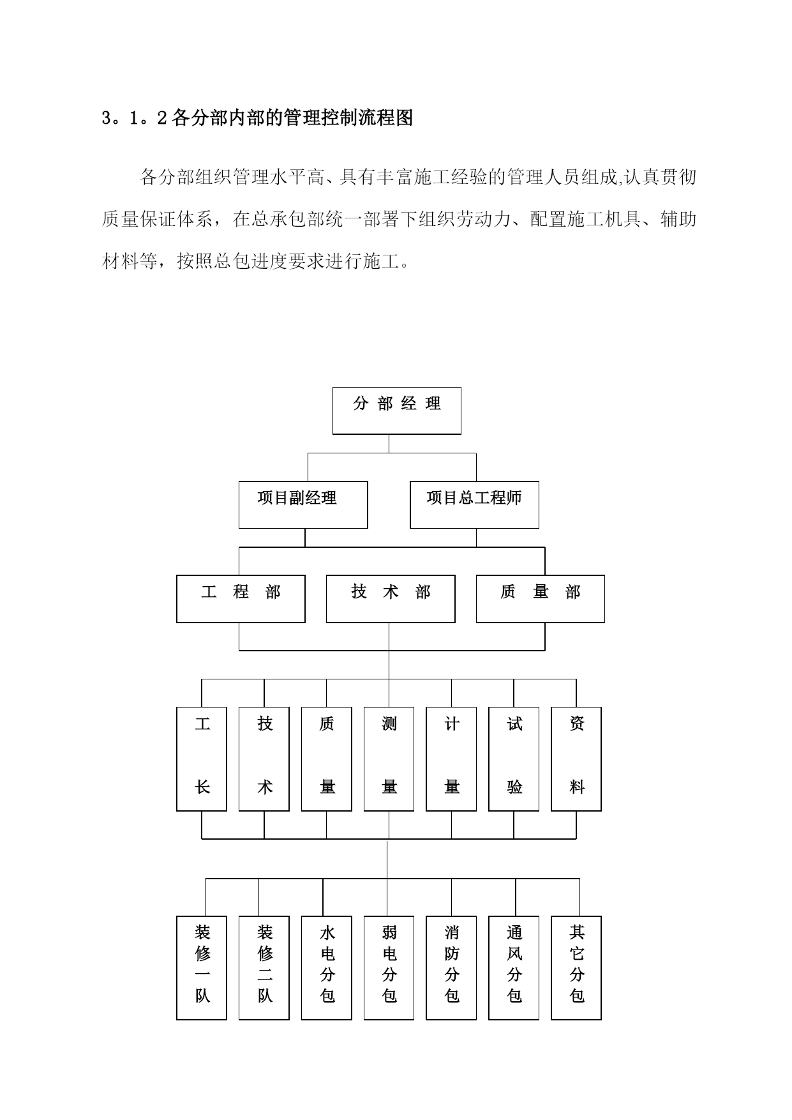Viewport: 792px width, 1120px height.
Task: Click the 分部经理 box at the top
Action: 396,411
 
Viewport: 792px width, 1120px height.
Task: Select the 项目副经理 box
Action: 303,504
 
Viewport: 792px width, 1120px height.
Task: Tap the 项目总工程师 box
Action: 474,504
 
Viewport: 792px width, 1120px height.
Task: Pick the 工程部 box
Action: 241,599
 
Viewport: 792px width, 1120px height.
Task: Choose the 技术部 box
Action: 391,599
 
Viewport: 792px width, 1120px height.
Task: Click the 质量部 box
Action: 541,599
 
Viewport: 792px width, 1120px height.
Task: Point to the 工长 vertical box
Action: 202,759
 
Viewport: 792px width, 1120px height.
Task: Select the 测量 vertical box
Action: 389,759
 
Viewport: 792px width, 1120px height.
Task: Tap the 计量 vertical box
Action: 451,759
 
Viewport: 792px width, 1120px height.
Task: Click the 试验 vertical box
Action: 514,759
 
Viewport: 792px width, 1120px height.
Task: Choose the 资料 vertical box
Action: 576,759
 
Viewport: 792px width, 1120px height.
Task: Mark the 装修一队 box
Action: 202,968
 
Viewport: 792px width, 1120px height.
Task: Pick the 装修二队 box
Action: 264,968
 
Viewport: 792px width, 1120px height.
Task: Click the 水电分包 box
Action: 327,968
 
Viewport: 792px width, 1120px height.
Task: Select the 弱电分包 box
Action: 389,968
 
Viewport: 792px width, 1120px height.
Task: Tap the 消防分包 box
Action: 451,968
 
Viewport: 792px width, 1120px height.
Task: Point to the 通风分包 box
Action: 514,968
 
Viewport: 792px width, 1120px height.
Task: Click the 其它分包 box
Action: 576,968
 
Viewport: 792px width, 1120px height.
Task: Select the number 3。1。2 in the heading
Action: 135,119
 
